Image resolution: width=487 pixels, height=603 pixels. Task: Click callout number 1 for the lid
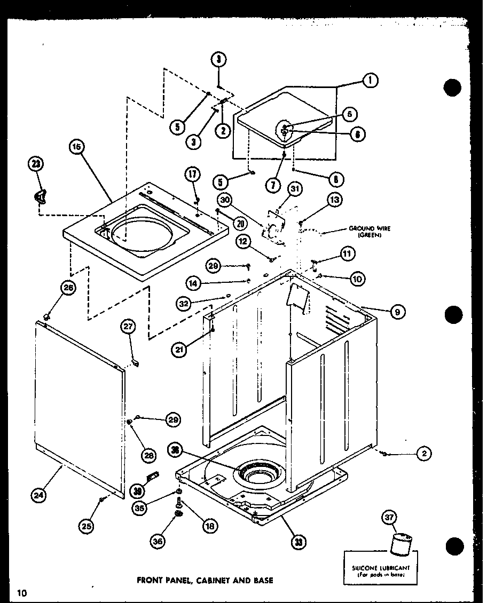click(370, 80)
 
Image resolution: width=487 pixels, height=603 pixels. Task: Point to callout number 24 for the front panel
click(38, 495)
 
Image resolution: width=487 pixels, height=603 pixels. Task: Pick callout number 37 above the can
click(390, 517)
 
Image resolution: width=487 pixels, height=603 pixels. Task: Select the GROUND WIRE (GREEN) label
click(370, 231)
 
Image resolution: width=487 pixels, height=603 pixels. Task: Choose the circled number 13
click(334, 200)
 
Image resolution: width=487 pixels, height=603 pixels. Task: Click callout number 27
click(128, 327)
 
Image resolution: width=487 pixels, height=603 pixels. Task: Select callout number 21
click(178, 350)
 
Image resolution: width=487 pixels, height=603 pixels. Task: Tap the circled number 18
click(209, 525)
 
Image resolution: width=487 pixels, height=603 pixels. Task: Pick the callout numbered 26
click(67, 289)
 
